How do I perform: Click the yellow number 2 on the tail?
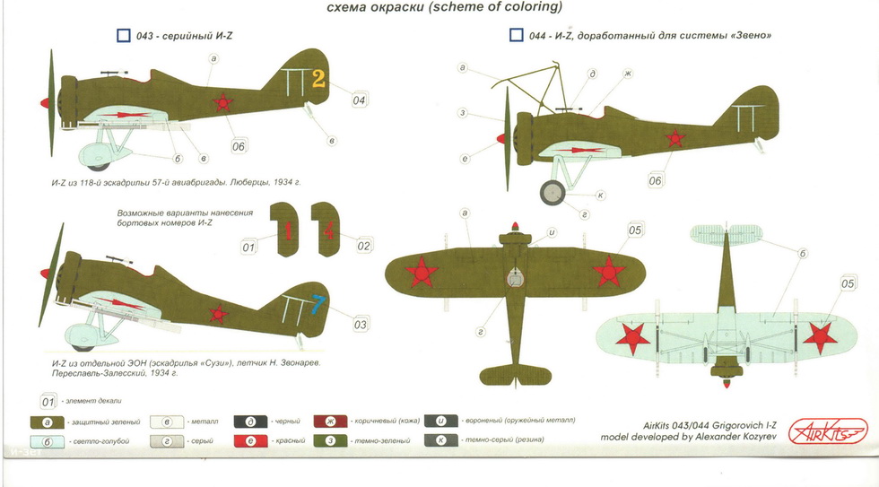(318, 79)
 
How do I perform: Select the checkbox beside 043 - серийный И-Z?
(124, 36)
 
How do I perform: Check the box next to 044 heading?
(516, 36)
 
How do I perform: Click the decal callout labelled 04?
(359, 100)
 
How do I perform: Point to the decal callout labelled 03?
(360, 325)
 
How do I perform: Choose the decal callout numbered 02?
(363, 245)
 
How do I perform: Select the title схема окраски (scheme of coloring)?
(439, 8)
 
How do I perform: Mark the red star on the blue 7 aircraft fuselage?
(216, 313)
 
